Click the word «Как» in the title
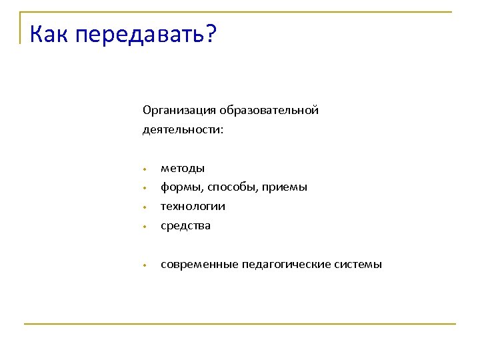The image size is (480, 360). tap(50, 33)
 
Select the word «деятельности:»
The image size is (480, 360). tap(183, 129)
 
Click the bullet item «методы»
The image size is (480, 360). tap(183, 168)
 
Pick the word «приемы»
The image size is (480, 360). tap(285, 187)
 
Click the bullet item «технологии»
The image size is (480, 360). tap(193, 207)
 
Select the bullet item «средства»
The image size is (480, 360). tap(185, 225)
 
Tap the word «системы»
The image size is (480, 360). tap(361, 265)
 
